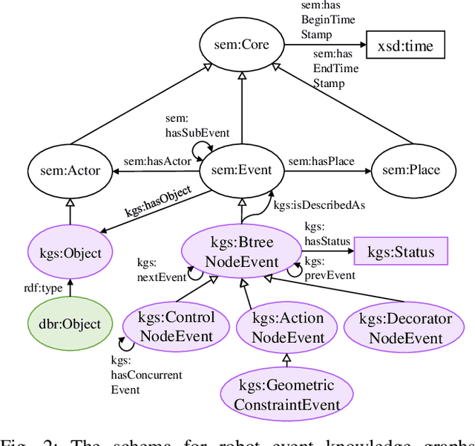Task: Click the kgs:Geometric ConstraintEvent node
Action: coord(286,395)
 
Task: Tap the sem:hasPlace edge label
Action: coord(321,161)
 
